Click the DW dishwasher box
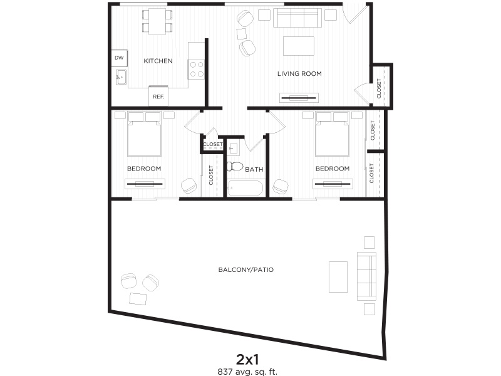(x=119, y=58)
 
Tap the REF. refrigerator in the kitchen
(x=158, y=96)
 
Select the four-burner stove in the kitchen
(x=196, y=70)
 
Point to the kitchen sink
(x=121, y=77)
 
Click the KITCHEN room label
(x=158, y=61)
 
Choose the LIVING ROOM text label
(x=299, y=73)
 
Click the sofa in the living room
(x=297, y=18)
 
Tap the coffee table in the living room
(x=299, y=46)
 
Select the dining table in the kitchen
(x=157, y=21)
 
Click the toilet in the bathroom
(x=235, y=166)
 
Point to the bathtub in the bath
(x=245, y=189)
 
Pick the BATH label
(x=254, y=169)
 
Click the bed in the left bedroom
(x=144, y=133)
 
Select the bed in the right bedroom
(x=332, y=133)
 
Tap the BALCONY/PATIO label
(x=246, y=269)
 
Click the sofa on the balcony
(x=366, y=276)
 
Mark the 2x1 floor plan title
(x=247, y=360)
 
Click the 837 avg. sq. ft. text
(x=247, y=372)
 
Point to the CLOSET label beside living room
(x=379, y=88)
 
